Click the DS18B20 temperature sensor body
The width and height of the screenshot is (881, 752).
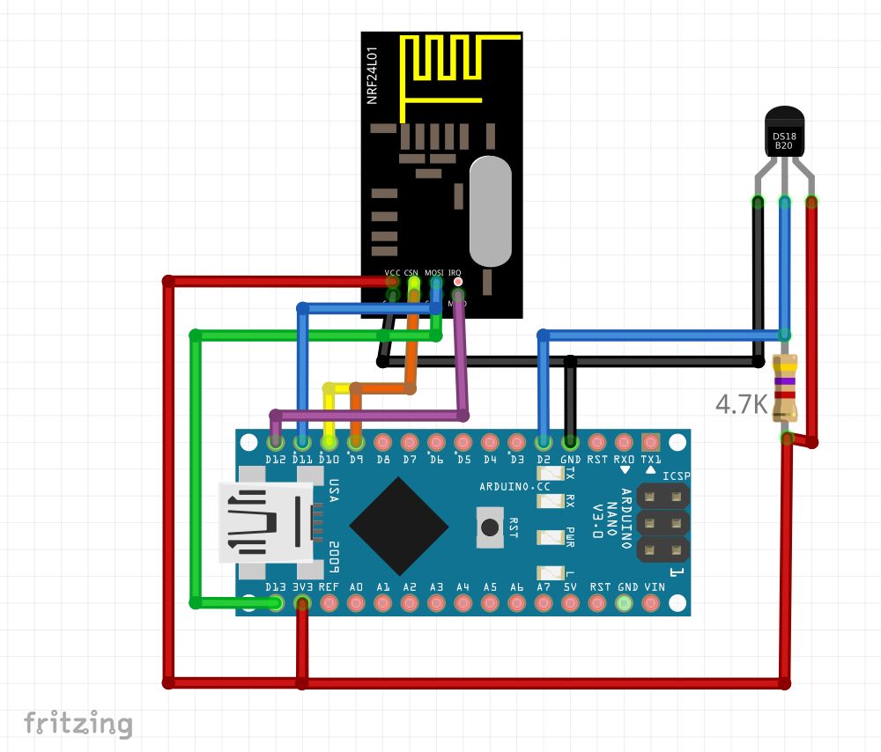(x=785, y=132)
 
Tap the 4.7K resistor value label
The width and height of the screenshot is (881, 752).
(x=742, y=405)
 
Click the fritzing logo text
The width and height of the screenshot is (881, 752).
(x=78, y=723)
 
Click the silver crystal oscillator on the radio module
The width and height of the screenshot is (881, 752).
(x=490, y=210)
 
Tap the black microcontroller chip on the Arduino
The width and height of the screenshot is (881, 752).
(x=399, y=527)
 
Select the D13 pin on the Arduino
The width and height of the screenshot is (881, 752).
(x=276, y=603)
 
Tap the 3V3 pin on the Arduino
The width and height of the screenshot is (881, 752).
(x=302, y=603)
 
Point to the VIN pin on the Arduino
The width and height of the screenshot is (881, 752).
(x=651, y=603)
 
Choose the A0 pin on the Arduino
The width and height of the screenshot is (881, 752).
(x=356, y=603)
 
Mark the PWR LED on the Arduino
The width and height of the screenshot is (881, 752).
(x=552, y=536)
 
